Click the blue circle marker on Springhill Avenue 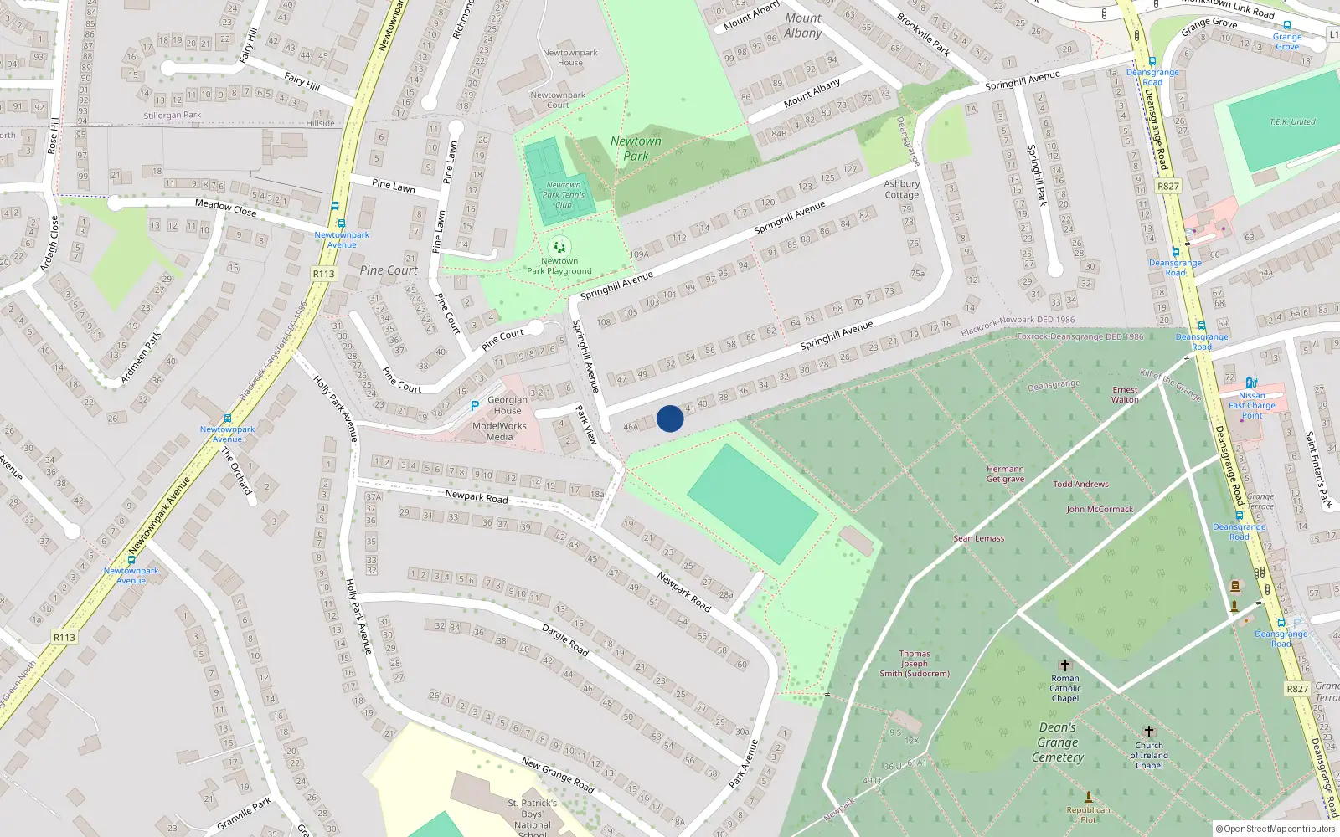[x=670, y=418]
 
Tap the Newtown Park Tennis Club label [x=564, y=195]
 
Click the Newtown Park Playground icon [x=559, y=247]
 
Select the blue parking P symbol [x=475, y=406]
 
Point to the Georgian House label [x=508, y=405]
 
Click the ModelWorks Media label [x=499, y=431]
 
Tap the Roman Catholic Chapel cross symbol [x=1065, y=665]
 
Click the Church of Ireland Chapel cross [x=1149, y=732]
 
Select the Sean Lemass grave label [x=978, y=538]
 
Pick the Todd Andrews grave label [x=1080, y=484]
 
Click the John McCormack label [x=1100, y=509]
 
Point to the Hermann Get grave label [x=1005, y=474]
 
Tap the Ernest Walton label [x=1125, y=394]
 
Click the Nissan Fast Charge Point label [x=1252, y=405]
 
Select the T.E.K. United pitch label [x=1292, y=121]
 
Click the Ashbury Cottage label [x=902, y=189]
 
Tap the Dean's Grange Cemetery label [x=1058, y=742]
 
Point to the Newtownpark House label [x=570, y=57]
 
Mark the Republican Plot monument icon [x=1089, y=797]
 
